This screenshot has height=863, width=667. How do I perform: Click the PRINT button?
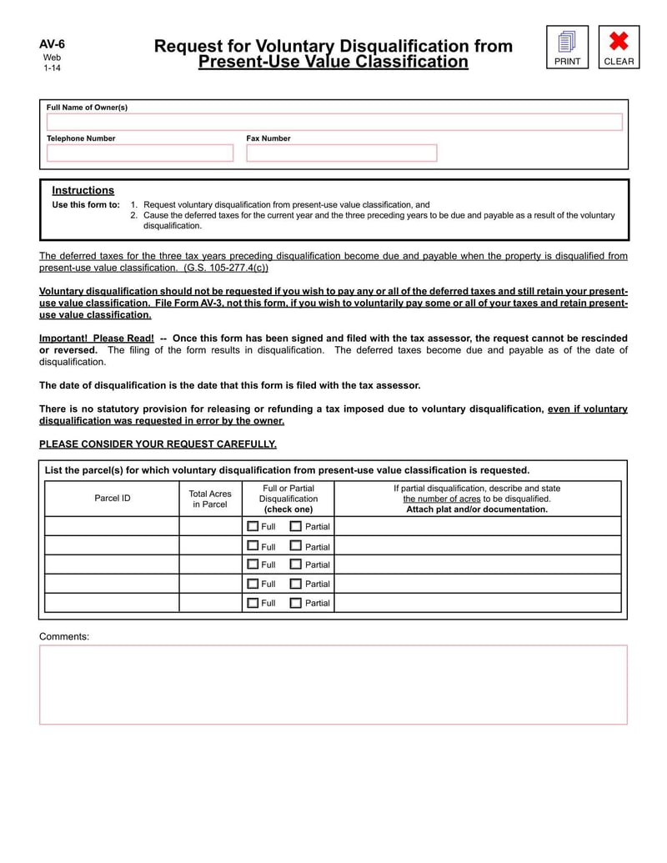click(x=567, y=47)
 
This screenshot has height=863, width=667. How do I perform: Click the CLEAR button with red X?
click(x=619, y=47)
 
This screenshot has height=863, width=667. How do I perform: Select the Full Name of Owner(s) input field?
click(x=333, y=122)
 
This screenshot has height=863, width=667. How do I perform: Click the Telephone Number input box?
click(x=140, y=153)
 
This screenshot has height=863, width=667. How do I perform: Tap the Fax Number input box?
click(x=341, y=153)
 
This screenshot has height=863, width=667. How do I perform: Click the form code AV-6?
click(x=52, y=44)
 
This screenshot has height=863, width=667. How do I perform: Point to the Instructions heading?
click(x=83, y=190)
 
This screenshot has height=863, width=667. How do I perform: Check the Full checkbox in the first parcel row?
click(x=253, y=526)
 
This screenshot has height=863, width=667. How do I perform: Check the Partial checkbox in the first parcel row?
click(x=296, y=526)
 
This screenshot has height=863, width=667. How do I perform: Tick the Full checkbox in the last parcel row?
click(x=253, y=602)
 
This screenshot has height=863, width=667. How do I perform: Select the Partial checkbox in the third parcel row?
click(x=296, y=564)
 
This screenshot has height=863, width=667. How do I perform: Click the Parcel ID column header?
click(x=112, y=498)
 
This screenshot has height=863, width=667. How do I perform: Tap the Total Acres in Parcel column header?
click(x=210, y=499)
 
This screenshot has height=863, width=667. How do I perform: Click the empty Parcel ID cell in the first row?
click(x=112, y=526)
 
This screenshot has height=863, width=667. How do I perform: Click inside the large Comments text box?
click(x=333, y=684)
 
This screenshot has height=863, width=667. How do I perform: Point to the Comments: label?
click(x=64, y=636)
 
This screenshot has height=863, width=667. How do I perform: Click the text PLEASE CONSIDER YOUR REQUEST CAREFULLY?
click(x=158, y=444)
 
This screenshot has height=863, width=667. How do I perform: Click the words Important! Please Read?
click(x=97, y=338)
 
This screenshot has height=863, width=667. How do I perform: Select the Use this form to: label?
click(x=86, y=204)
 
